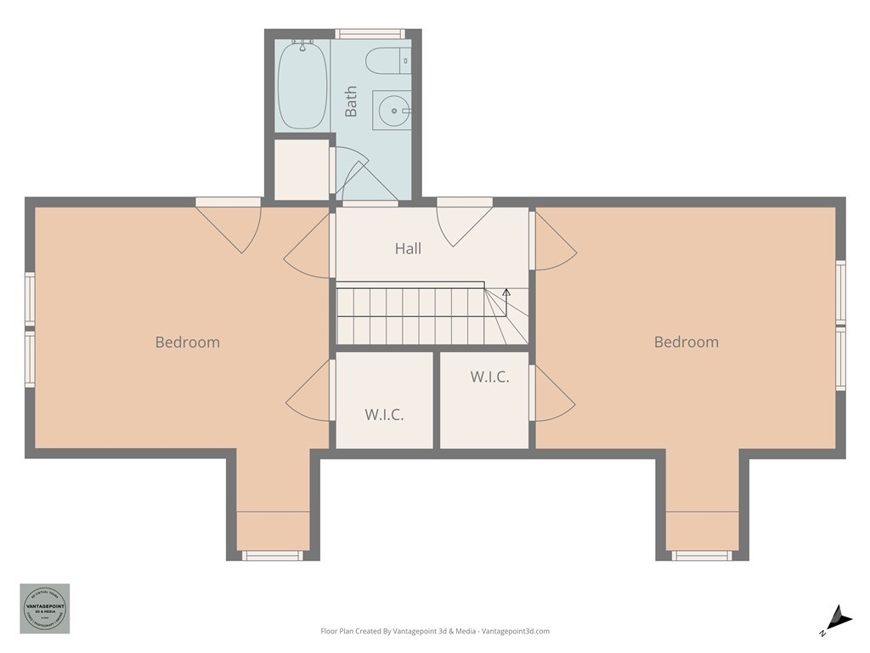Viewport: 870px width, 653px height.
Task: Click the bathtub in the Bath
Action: pyautogui.click(x=302, y=85)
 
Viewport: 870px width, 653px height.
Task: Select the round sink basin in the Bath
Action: pyautogui.click(x=392, y=110)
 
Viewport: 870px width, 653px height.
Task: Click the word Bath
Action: pyautogui.click(x=351, y=101)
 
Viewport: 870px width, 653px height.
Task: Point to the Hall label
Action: pyautogui.click(x=408, y=249)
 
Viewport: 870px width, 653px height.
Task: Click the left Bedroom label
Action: pyautogui.click(x=187, y=343)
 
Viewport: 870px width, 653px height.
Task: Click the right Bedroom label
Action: pyautogui.click(x=686, y=343)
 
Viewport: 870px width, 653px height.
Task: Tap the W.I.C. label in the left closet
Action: pyautogui.click(x=384, y=415)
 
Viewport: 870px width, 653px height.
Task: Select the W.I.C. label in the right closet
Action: pyautogui.click(x=489, y=378)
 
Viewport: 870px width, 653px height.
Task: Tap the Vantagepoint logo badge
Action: pyautogui.click(x=45, y=608)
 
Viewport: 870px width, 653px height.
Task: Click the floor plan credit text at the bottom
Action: pyautogui.click(x=435, y=632)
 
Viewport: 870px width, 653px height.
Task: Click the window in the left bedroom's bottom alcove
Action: pyautogui.click(x=272, y=556)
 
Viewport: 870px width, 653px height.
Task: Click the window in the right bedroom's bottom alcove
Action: pyautogui.click(x=702, y=556)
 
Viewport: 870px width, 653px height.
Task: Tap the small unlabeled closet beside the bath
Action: pyautogui.click(x=302, y=169)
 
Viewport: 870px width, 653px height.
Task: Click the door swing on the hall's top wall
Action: pyautogui.click(x=463, y=223)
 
